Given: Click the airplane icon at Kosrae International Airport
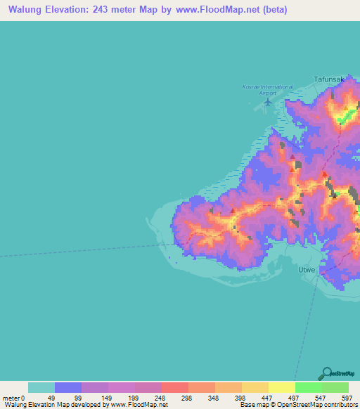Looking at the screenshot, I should coord(267,103).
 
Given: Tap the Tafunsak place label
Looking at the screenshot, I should coord(329,79).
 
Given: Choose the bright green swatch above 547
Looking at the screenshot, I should coord(308,387).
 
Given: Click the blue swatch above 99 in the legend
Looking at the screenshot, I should coord(68,387).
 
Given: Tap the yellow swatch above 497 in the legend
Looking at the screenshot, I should coord(281,387).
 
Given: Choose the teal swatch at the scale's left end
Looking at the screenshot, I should coord(41,387).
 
